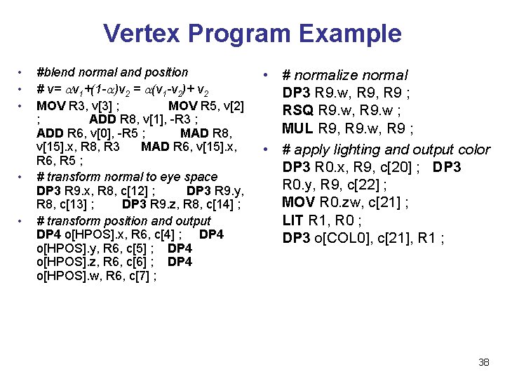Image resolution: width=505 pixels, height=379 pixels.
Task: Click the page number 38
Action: point(483,362)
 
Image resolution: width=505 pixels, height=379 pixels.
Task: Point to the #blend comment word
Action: point(55,72)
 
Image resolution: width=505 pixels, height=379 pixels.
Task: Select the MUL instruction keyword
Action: point(298,128)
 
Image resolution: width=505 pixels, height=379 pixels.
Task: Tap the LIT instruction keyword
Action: point(293,220)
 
